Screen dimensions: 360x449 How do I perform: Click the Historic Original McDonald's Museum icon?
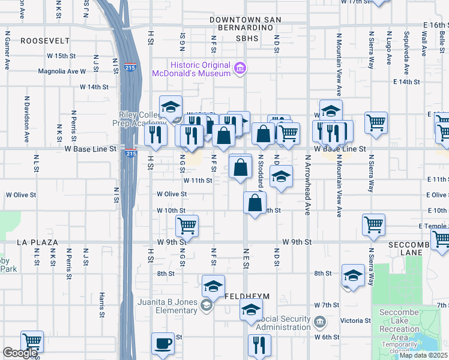coord(240,68)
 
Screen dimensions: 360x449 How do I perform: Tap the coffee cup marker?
coord(163,344)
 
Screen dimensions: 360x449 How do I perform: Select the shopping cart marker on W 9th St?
coord(187,226)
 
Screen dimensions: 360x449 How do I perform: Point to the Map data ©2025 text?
coord(424,355)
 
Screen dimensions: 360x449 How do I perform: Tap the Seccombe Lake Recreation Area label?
coord(399,329)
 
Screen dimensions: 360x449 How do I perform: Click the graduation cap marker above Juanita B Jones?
coord(213,287)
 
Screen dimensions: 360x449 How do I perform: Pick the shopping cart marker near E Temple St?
coord(374,224)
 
